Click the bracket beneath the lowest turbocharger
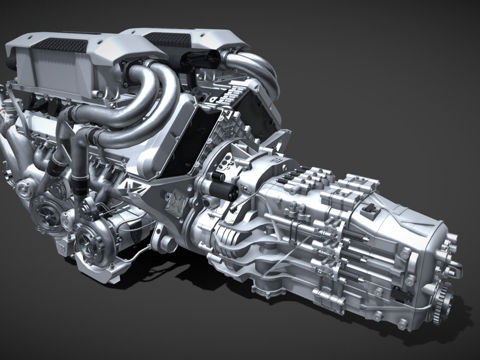click(100, 270)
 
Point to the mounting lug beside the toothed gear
click(455, 280)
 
